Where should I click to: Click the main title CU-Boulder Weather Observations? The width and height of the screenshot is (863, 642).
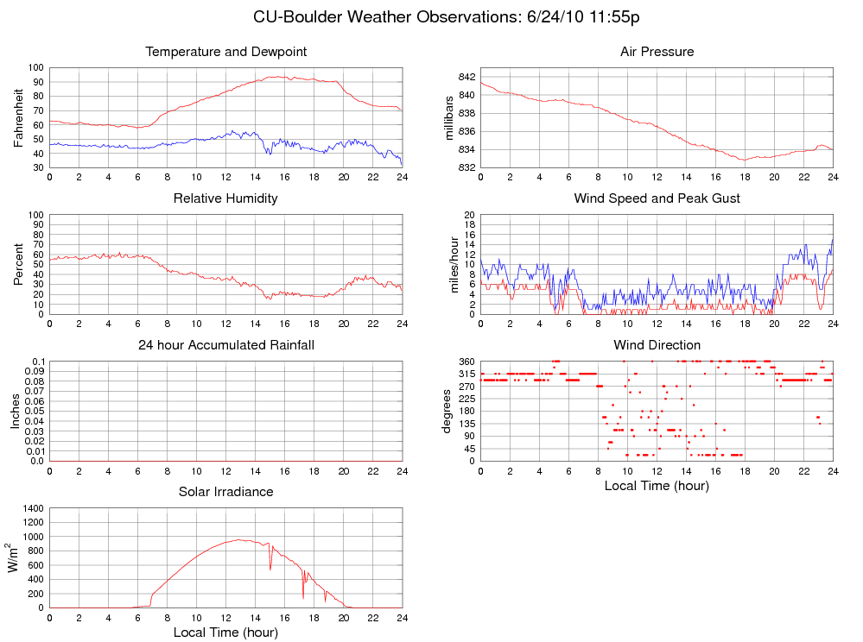click(x=446, y=17)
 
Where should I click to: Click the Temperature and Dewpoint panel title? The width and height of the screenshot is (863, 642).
click(x=226, y=52)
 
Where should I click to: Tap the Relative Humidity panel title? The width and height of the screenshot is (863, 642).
click(x=225, y=198)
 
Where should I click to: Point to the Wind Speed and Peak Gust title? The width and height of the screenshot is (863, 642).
click(x=657, y=198)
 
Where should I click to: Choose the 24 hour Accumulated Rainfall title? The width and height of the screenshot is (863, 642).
click(x=225, y=345)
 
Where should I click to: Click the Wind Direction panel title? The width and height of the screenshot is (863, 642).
click(x=657, y=345)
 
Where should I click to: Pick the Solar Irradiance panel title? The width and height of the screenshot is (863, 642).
click(x=225, y=492)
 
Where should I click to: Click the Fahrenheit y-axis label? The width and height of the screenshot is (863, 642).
click(x=18, y=117)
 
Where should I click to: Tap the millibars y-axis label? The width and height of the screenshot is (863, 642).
click(x=448, y=117)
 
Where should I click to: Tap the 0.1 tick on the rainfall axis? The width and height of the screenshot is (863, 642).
click(x=37, y=362)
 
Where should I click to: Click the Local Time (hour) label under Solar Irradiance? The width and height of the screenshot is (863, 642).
click(x=225, y=633)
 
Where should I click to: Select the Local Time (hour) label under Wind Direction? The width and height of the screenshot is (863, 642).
click(x=657, y=486)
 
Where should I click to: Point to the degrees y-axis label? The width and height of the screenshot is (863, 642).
click(x=448, y=411)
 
